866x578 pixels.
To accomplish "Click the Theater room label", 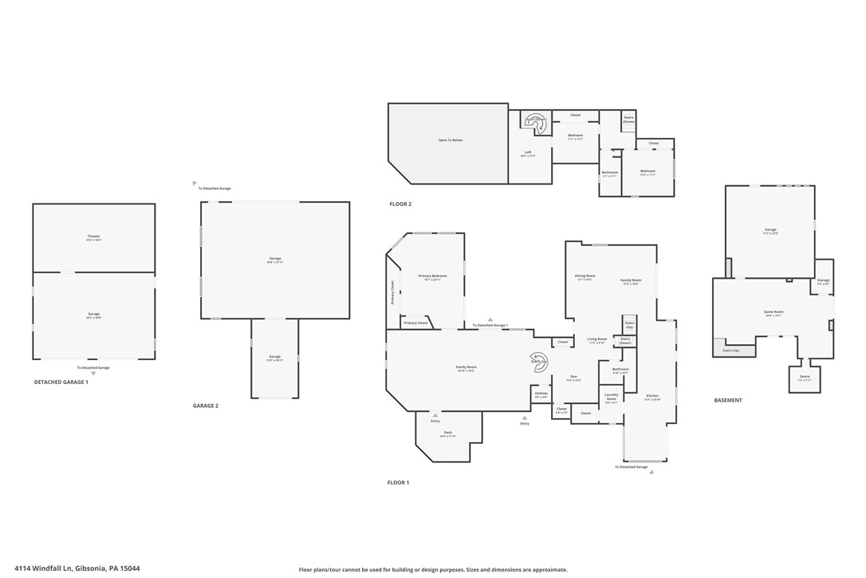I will click(94, 237).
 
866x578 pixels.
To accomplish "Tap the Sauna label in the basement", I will click(805, 378).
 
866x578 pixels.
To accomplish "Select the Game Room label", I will click(773, 312).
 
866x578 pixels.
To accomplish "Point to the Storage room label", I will click(823, 280).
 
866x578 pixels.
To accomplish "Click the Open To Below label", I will click(450, 141).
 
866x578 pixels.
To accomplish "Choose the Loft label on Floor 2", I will click(528, 152).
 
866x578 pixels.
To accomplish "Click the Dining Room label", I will click(585, 276).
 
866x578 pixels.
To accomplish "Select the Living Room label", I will click(597, 339).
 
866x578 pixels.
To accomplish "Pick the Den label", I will click(573, 377).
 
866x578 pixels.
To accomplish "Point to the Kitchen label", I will click(652, 396).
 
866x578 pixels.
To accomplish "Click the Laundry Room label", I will click(612, 397).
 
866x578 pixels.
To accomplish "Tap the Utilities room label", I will click(541, 394).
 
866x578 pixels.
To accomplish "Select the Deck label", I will click(448, 433).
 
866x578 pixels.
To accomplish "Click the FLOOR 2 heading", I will click(400, 204).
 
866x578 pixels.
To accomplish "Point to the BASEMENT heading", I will click(727, 401).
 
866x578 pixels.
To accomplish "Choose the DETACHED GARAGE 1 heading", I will click(61, 382).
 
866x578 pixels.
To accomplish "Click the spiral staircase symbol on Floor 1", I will click(539, 361).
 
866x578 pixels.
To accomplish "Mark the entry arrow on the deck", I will click(435, 415).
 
